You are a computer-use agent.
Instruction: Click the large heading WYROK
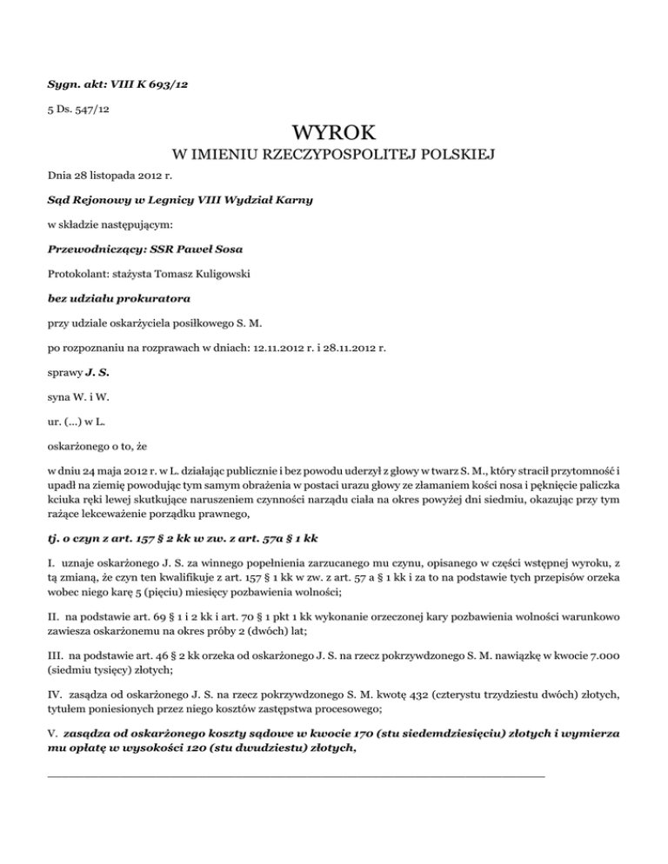[x=335, y=134]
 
